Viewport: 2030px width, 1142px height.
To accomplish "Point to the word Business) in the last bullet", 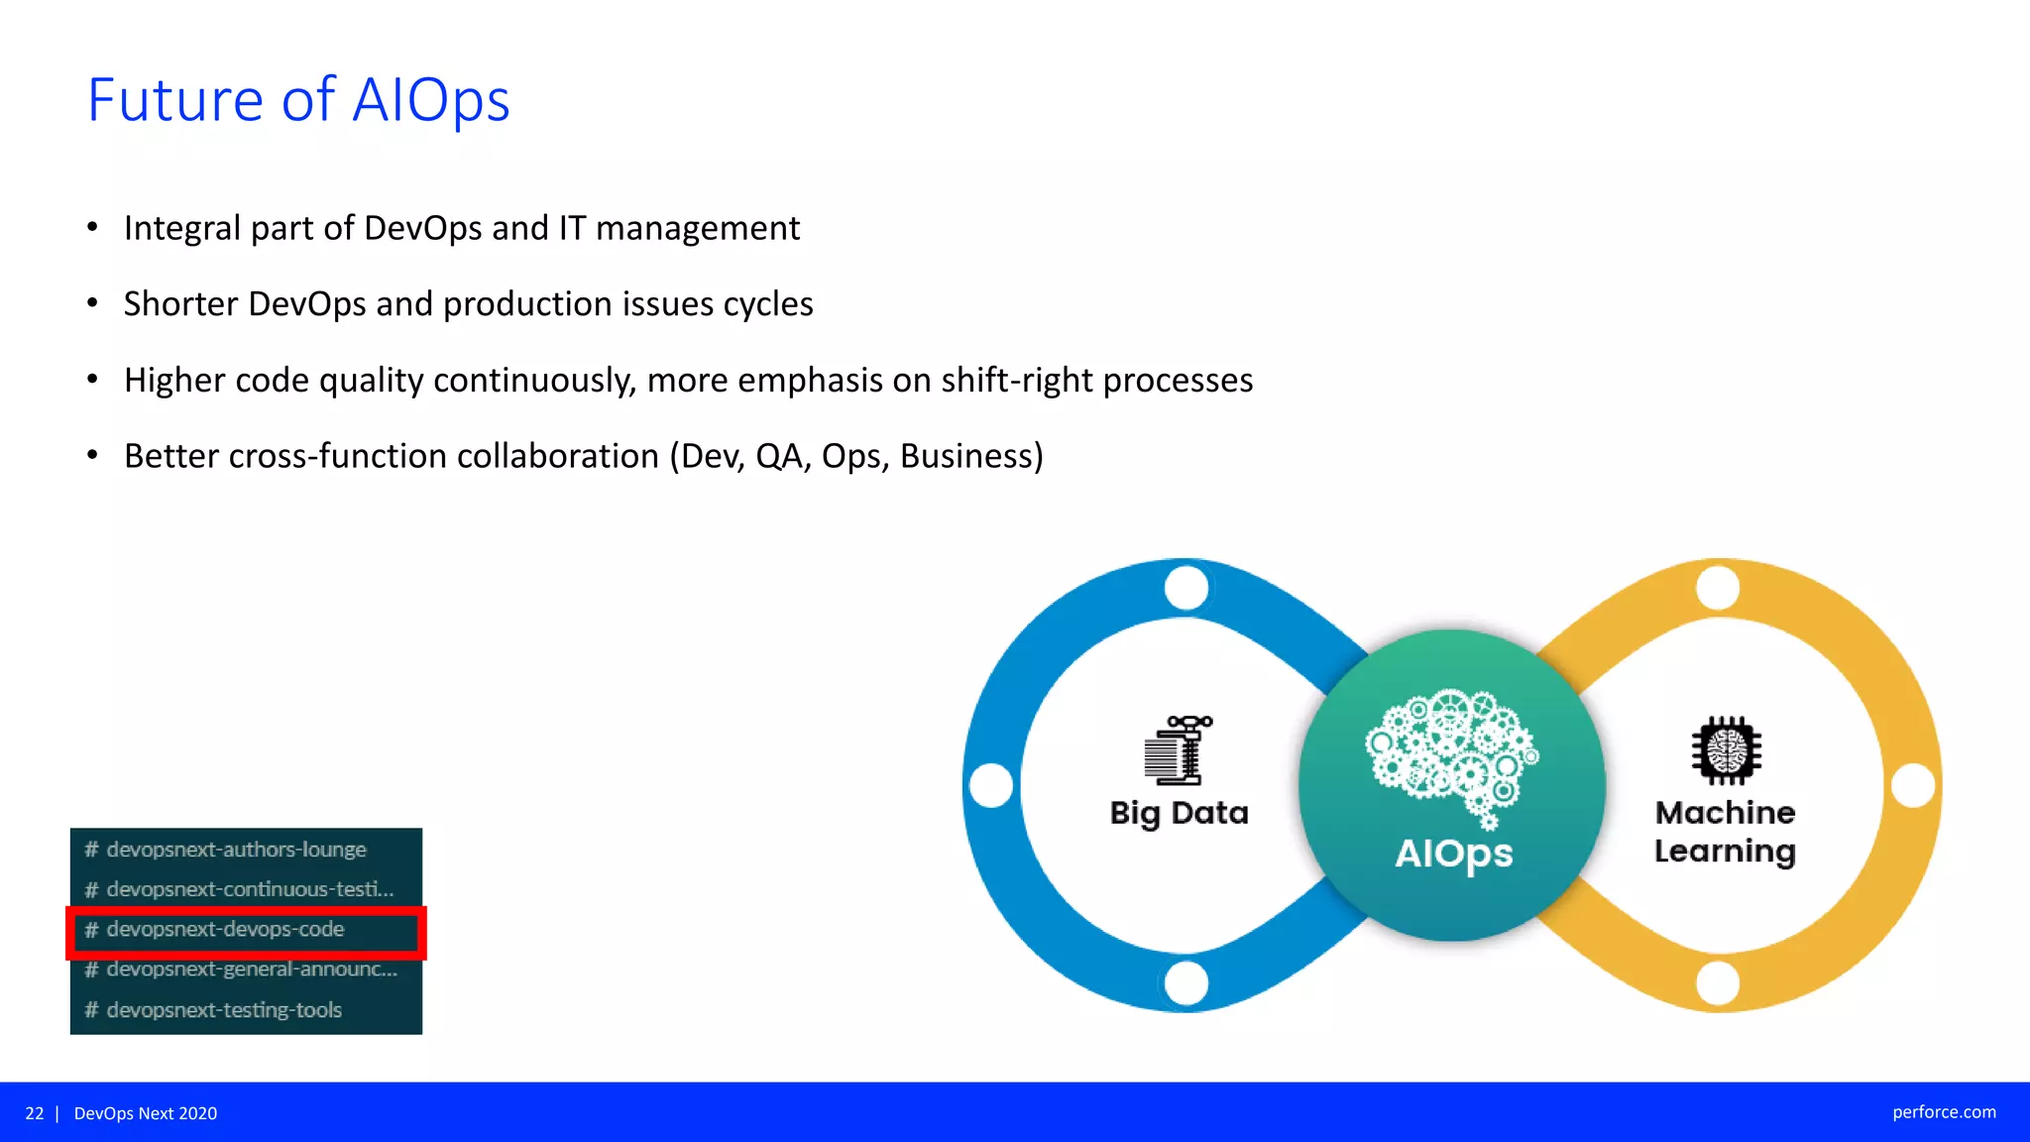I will coord(971,456).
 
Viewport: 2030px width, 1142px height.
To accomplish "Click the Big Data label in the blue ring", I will coord(1179,813).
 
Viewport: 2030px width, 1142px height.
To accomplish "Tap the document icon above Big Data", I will coord(1177,750).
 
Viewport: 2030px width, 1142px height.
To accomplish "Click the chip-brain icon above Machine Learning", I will coord(1726,750).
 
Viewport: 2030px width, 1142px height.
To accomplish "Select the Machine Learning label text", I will coord(1725,832).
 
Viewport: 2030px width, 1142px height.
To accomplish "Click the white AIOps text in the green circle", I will coord(1453,854).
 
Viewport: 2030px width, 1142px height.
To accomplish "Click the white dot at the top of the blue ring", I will coord(1186,588).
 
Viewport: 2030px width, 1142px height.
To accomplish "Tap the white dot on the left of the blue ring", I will coord(991,785).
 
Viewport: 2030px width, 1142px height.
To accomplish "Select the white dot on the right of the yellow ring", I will coord(1913,785).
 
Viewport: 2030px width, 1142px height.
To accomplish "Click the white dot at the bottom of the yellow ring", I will coord(1718,982).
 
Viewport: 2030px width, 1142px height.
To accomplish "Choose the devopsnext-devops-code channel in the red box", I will coord(225,930).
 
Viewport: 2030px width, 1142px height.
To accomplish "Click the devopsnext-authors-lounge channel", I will coord(236,850).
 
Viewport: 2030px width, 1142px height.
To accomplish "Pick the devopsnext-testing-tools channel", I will coord(224,1010).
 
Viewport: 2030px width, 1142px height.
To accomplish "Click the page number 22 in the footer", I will coord(35,1113).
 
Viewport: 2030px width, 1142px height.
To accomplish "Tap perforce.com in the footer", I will coord(1944,1112).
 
